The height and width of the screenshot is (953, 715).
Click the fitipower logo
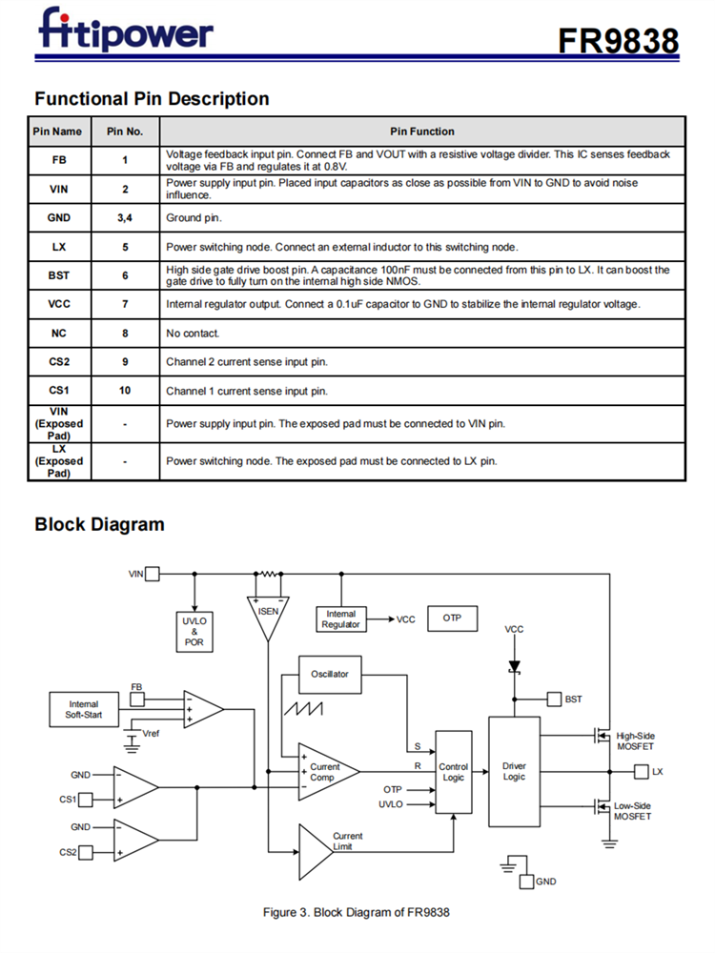click(x=126, y=30)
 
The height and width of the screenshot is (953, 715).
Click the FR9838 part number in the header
click(x=618, y=40)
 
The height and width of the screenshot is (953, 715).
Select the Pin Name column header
click(x=57, y=132)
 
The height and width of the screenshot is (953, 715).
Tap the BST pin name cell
click(x=59, y=275)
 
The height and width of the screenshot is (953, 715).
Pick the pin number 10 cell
click(x=124, y=391)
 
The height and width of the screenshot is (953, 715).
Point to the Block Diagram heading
click(x=99, y=524)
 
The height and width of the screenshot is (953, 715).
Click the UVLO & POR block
click(x=194, y=631)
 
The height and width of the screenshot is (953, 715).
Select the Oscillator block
click(x=330, y=674)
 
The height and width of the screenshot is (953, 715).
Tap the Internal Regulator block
click(x=340, y=619)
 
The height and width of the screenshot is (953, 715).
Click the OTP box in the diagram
click(x=452, y=618)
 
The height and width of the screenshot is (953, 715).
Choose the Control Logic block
click(x=454, y=772)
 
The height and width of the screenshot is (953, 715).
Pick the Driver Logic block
click(x=514, y=772)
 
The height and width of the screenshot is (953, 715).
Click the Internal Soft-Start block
click(x=84, y=710)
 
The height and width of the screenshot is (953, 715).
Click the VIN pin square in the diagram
click(x=153, y=574)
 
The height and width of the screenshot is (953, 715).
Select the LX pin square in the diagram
click(x=641, y=771)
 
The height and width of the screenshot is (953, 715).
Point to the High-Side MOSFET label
click(x=636, y=741)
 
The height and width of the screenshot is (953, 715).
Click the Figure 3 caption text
click(x=356, y=912)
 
